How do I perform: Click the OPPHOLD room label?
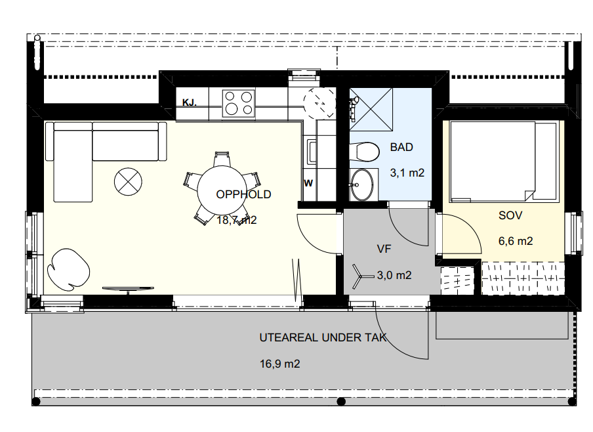[243, 194]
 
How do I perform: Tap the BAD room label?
[401, 147]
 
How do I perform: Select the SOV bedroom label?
[510, 215]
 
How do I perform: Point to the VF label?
[384, 249]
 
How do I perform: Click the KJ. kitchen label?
[189, 102]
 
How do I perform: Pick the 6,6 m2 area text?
[516, 241]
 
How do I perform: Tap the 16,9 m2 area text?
[279, 364]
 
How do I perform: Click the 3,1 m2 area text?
[407, 173]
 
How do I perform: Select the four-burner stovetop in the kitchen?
[238, 103]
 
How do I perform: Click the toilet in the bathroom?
[364, 152]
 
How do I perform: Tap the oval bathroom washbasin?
[362, 184]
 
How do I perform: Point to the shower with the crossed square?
[371, 110]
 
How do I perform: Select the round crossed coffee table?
[128, 182]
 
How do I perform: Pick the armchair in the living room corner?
[68, 267]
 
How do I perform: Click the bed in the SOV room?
[504, 162]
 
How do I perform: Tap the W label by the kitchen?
[308, 183]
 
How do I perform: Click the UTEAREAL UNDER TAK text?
[323, 337]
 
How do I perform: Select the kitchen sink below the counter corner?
[312, 152]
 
